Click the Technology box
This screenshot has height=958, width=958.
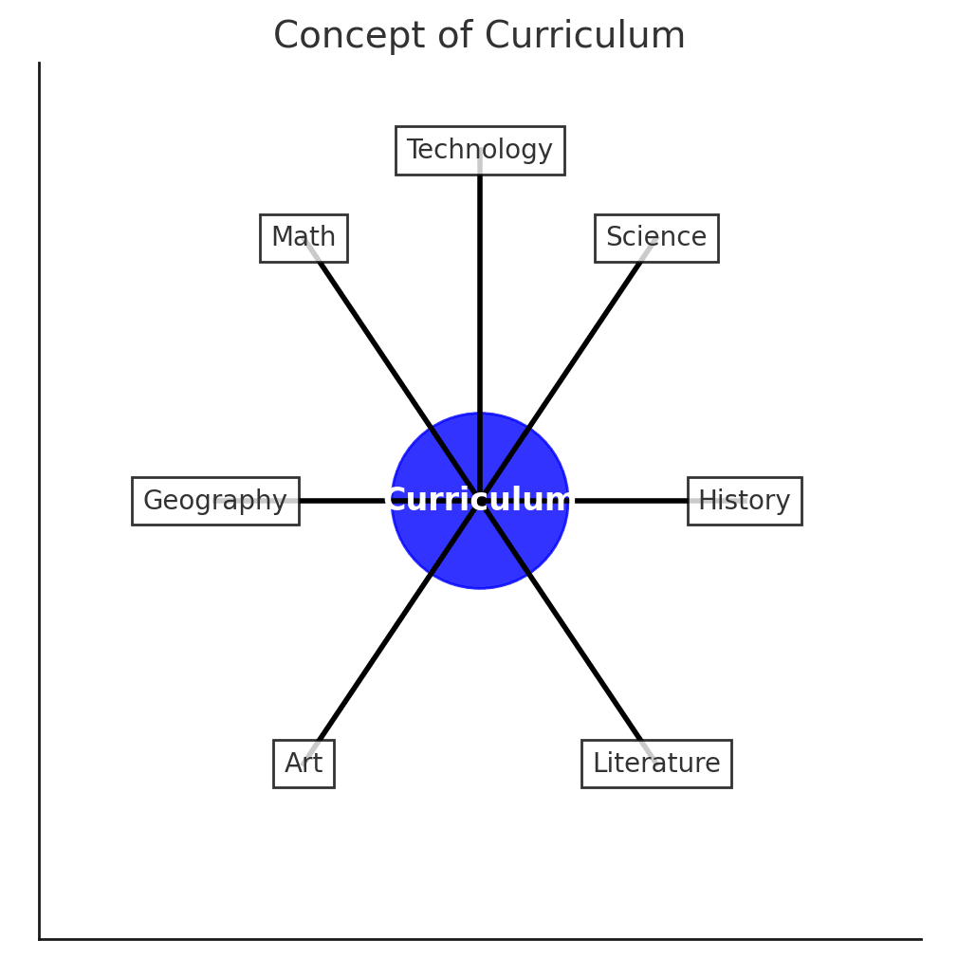pyautogui.click(x=479, y=150)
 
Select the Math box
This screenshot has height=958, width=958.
pyautogui.click(x=304, y=237)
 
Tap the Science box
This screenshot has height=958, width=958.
pyautogui.click(x=655, y=237)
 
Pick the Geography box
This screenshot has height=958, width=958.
pyautogui.click(x=214, y=501)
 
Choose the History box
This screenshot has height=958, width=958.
pyautogui.click(x=744, y=501)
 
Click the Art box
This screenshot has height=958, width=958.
pyautogui.click(x=304, y=764)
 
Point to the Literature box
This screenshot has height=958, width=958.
pyautogui.click(x=655, y=764)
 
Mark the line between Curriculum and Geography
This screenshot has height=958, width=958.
pyautogui.click(x=341, y=501)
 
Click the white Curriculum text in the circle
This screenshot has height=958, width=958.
pyautogui.click(x=480, y=500)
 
